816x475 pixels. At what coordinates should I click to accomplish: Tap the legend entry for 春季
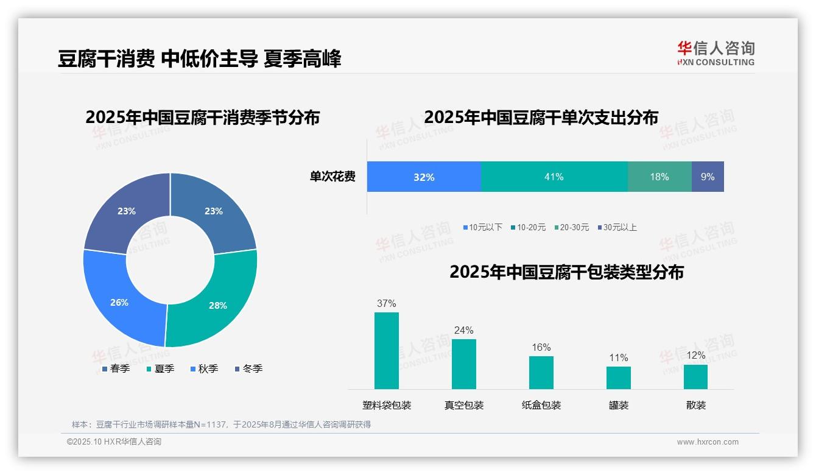point(115,368)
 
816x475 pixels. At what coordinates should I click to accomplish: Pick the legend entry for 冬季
point(248,368)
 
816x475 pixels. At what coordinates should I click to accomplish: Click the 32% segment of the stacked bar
point(424,177)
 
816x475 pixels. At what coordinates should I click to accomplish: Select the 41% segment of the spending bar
point(554,177)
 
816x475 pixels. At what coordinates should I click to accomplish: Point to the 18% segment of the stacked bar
point(659,177)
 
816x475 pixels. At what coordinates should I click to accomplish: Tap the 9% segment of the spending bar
point(708,177)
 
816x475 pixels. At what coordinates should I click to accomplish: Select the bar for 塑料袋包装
point(386,351)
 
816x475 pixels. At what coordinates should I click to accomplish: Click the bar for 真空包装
point(463,364)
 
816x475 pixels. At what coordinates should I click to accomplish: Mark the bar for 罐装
point(618,378)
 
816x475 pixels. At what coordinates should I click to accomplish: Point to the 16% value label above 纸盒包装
point(541,348)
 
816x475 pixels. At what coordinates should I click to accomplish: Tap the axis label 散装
point(695,405)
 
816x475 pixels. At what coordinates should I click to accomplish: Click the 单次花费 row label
point(332,177)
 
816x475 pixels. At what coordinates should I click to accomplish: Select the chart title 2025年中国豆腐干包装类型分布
point(566,272)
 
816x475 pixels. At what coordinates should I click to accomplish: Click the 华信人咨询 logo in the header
point(716,53)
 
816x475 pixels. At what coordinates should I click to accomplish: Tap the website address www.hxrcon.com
point(707,442)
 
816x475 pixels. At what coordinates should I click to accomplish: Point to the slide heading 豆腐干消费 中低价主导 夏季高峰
point(199,58)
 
